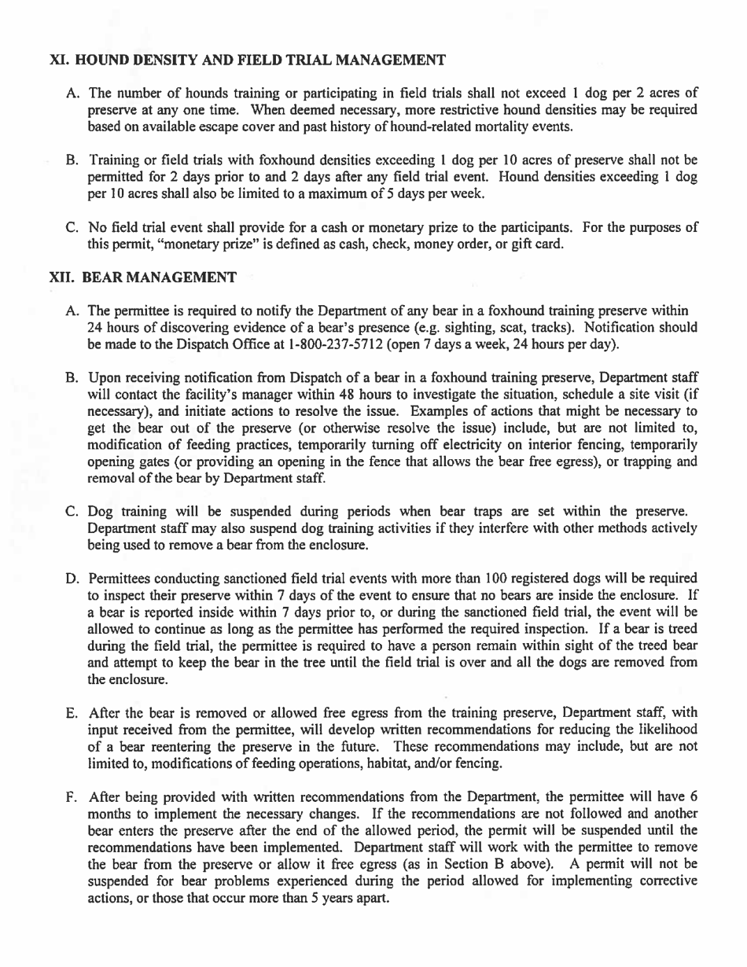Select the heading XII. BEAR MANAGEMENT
tap(142, 278)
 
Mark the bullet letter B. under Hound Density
tap(73, 160)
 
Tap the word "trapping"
tap(640, 461)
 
